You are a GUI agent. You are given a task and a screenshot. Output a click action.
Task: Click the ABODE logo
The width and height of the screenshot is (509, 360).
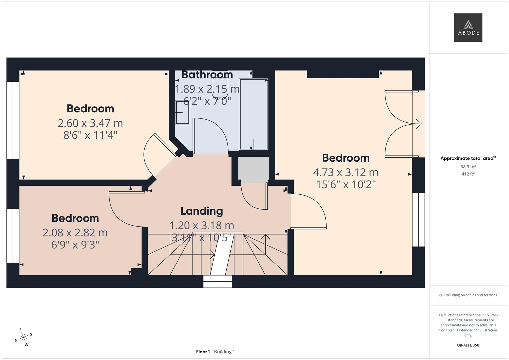(x=468, y=27)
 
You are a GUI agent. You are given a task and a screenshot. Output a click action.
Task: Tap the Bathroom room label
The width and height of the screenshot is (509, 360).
(x=207, y=75)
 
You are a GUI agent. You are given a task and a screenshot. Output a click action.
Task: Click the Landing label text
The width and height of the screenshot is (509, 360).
(x=202, y=211)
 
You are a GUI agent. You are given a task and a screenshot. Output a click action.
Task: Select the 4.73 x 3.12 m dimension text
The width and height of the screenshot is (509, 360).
(x=346, y=172)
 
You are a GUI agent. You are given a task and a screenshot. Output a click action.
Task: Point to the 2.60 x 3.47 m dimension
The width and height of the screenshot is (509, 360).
(x=90, y=123)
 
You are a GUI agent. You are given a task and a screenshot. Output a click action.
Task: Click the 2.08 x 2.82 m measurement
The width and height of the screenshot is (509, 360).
(x=75, y=233)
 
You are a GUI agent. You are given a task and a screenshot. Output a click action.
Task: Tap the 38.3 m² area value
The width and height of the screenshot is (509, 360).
(x=468, y=167)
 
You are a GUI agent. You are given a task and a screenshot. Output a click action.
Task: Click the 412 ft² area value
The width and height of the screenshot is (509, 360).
(x=468, y=174)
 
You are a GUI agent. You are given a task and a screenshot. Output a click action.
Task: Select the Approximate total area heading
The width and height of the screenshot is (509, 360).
(x=468, y=158)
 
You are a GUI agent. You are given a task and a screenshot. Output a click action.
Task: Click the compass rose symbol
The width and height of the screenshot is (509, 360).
(x=23, y=337)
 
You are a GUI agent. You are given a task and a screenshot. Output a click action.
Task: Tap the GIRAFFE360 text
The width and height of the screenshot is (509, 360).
(x=468, y=345)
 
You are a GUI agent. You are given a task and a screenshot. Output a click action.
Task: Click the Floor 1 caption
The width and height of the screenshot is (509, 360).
(x=203, y=352)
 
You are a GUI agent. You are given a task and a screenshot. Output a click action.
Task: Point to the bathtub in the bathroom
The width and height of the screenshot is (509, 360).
(x=254, y=114)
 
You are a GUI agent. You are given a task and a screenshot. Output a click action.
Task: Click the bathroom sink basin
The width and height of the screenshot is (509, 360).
(x=183, y=113)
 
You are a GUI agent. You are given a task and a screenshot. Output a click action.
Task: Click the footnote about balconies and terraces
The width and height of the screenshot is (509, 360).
(x=468, y=295)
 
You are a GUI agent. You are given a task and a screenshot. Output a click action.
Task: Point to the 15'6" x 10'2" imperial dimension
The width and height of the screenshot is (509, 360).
(x=346, y=184)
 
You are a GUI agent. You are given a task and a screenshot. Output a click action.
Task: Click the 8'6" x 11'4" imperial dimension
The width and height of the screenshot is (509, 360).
(x=90, y=135)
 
